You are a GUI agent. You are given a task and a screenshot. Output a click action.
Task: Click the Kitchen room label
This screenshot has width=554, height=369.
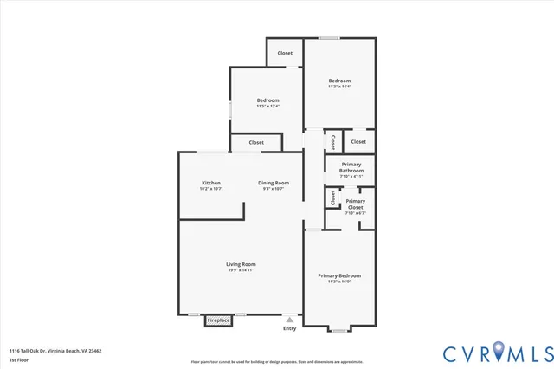pos(211,183)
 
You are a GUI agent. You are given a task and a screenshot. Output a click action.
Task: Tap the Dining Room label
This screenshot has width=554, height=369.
pos(274,183)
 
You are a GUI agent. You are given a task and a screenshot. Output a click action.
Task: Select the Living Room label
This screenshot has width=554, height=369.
pos(241,264)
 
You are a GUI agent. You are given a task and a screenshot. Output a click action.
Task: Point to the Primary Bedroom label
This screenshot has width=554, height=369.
pos(339,275)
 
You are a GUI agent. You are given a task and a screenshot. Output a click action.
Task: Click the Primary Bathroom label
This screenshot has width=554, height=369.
pos(351,167)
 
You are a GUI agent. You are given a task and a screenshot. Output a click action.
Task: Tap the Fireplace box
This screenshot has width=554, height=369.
pos(218,320)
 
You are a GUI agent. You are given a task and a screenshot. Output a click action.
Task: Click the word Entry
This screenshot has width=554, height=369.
pos(289,328)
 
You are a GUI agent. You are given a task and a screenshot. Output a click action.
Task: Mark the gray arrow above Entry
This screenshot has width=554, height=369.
pos(289,319)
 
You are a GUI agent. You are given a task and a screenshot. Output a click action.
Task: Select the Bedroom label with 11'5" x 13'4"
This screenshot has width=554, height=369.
pos(267,100)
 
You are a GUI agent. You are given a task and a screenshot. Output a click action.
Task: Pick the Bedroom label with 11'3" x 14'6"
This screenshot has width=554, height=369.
pos(339,81)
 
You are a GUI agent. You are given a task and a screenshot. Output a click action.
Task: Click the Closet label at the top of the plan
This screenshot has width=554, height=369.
pos(285,53)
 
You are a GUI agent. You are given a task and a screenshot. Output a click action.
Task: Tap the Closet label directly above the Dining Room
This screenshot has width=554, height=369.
pos(256,142)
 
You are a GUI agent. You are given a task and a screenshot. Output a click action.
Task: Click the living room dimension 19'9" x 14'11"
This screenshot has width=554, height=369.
pos(241,270)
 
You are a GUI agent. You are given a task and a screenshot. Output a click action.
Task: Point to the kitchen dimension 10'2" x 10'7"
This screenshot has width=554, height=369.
pos(211,189)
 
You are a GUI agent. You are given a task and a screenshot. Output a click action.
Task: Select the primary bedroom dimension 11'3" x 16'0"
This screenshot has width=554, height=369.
pos(339,282)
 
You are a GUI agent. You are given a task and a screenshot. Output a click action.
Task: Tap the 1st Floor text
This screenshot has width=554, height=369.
pos(18,359)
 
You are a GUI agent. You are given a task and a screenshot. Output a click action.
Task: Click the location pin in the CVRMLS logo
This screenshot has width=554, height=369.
pos(499,352)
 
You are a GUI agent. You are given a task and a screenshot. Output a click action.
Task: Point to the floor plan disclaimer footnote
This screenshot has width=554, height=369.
pos(277,361)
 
